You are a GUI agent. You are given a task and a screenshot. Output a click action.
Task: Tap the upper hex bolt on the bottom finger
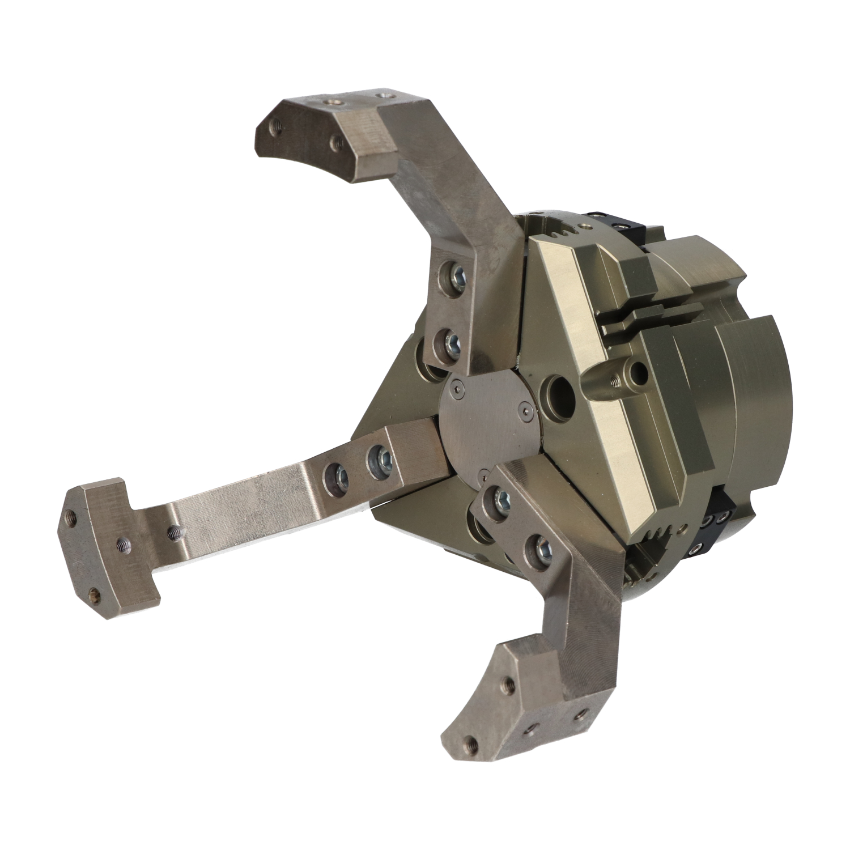tap(501, 499)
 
